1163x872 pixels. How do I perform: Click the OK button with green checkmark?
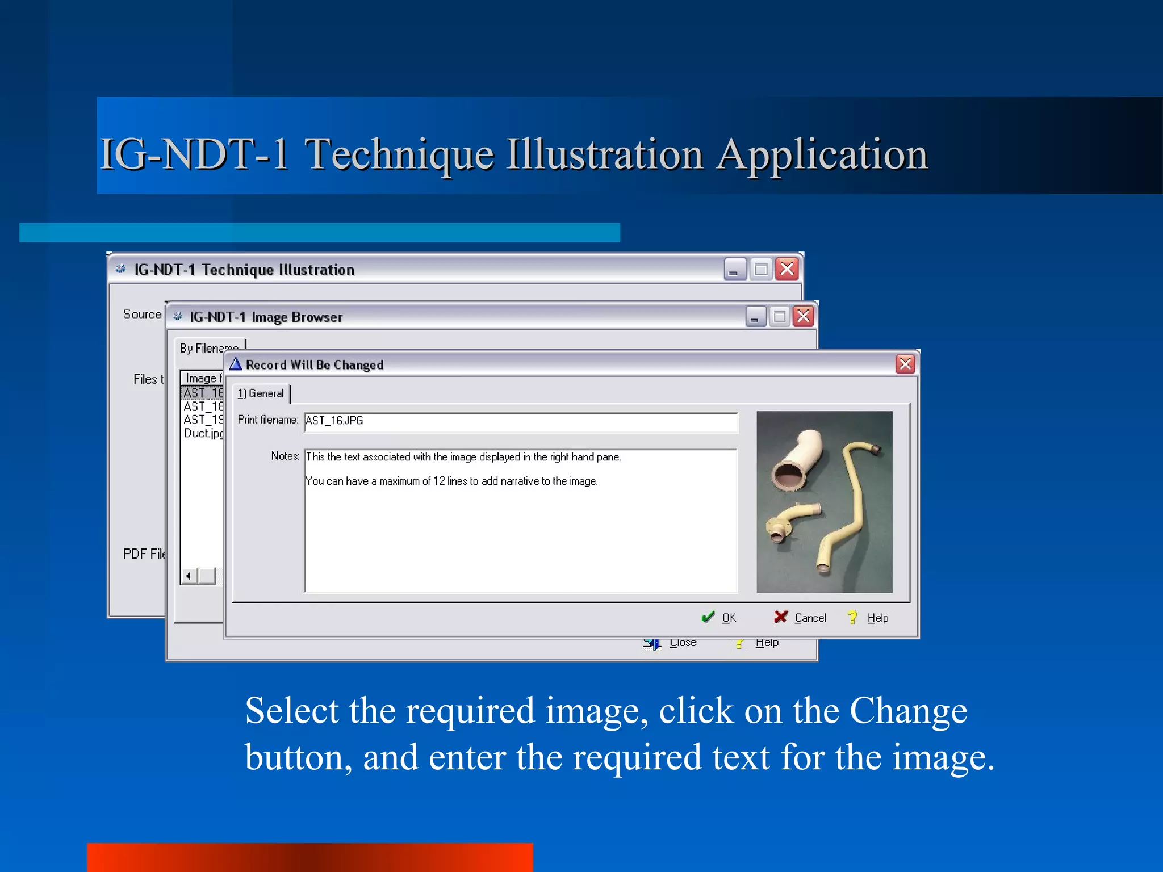[x=719, y=618]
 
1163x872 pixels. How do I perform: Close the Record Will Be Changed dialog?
[x=905, y=364]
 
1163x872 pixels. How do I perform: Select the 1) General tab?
[x=261, y=393]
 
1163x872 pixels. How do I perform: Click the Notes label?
[x=285, y=456]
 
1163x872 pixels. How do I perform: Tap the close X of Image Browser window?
[x=803, y=316]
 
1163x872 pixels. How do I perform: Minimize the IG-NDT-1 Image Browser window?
[x=755, y=317]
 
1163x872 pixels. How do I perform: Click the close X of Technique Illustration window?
[x=787, y=269]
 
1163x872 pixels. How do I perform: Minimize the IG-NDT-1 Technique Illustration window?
[x=734, y=270]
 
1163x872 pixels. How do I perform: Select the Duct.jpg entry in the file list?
[x=203, y=433]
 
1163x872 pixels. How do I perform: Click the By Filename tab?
[x=208, y=348]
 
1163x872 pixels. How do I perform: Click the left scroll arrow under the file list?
[x=189, y=576]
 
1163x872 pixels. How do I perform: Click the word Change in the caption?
[x=908, y=711]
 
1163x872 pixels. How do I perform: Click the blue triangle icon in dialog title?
[x=236, y=364]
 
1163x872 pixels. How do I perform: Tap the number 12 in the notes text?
[x=439, y=481]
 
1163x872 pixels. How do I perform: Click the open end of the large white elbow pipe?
[x=789, y=475]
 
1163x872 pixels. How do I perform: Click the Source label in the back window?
[x=142, y=314]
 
